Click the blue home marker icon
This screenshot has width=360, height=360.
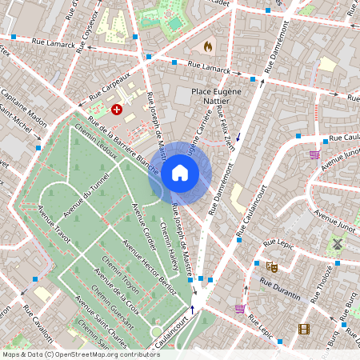pos(180,172)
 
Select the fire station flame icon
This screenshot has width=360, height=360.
pos(210,47)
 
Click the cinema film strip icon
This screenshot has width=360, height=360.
pos(304,328)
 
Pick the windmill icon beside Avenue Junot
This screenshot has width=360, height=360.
pos(338,243)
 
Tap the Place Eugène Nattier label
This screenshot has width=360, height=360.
pos(223,92)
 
